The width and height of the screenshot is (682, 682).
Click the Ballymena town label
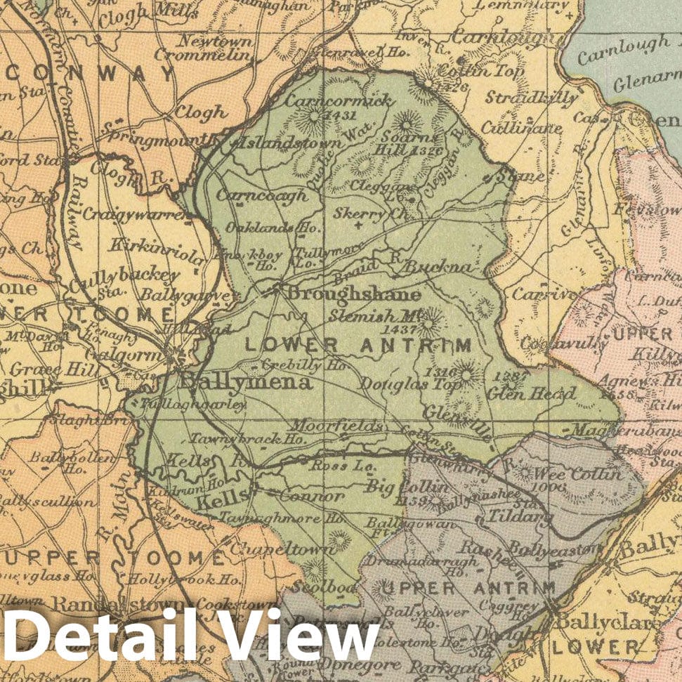[x=246, y=382]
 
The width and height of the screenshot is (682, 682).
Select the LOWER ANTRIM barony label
[x=357, y=344]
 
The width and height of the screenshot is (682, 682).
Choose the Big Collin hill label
[x=407, y=487]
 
